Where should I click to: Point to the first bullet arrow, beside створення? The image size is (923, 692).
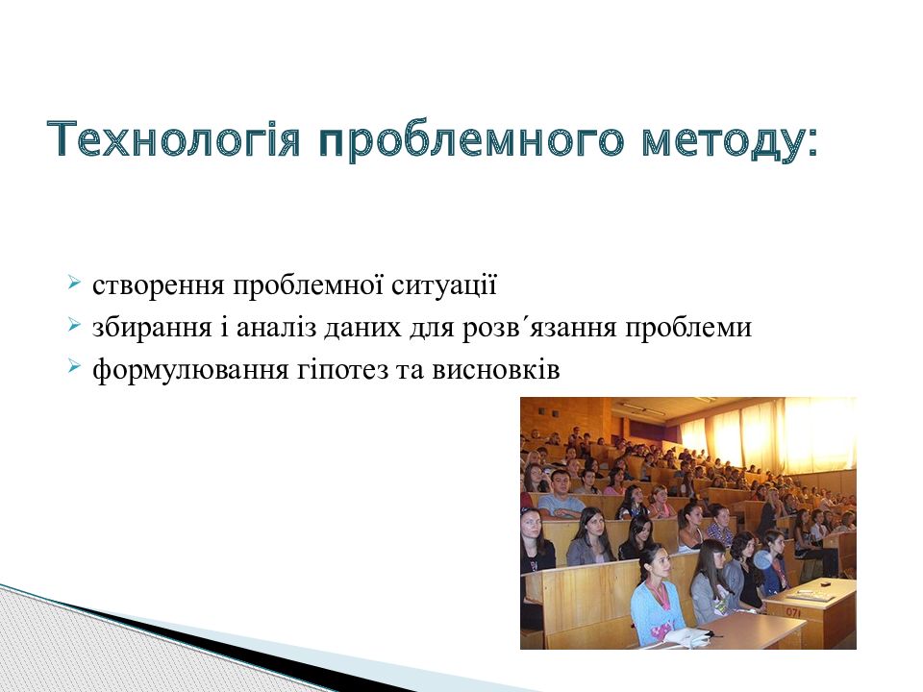click(x=74, y=282)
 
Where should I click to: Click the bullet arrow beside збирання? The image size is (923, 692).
click(x=74, y=324)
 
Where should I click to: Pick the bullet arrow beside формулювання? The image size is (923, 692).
click(x=74, y=367)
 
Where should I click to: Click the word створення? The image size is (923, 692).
click(x=159, y=286)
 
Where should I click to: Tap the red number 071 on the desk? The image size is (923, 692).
click(x=792, y=612)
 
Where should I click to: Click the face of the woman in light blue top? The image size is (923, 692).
click(x=660, y=565)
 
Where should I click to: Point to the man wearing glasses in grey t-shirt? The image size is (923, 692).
click(x=560, y=494)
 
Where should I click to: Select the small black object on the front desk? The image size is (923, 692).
click(x=825, y=583)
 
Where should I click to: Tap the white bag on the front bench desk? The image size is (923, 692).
click(x=693, y=636)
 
